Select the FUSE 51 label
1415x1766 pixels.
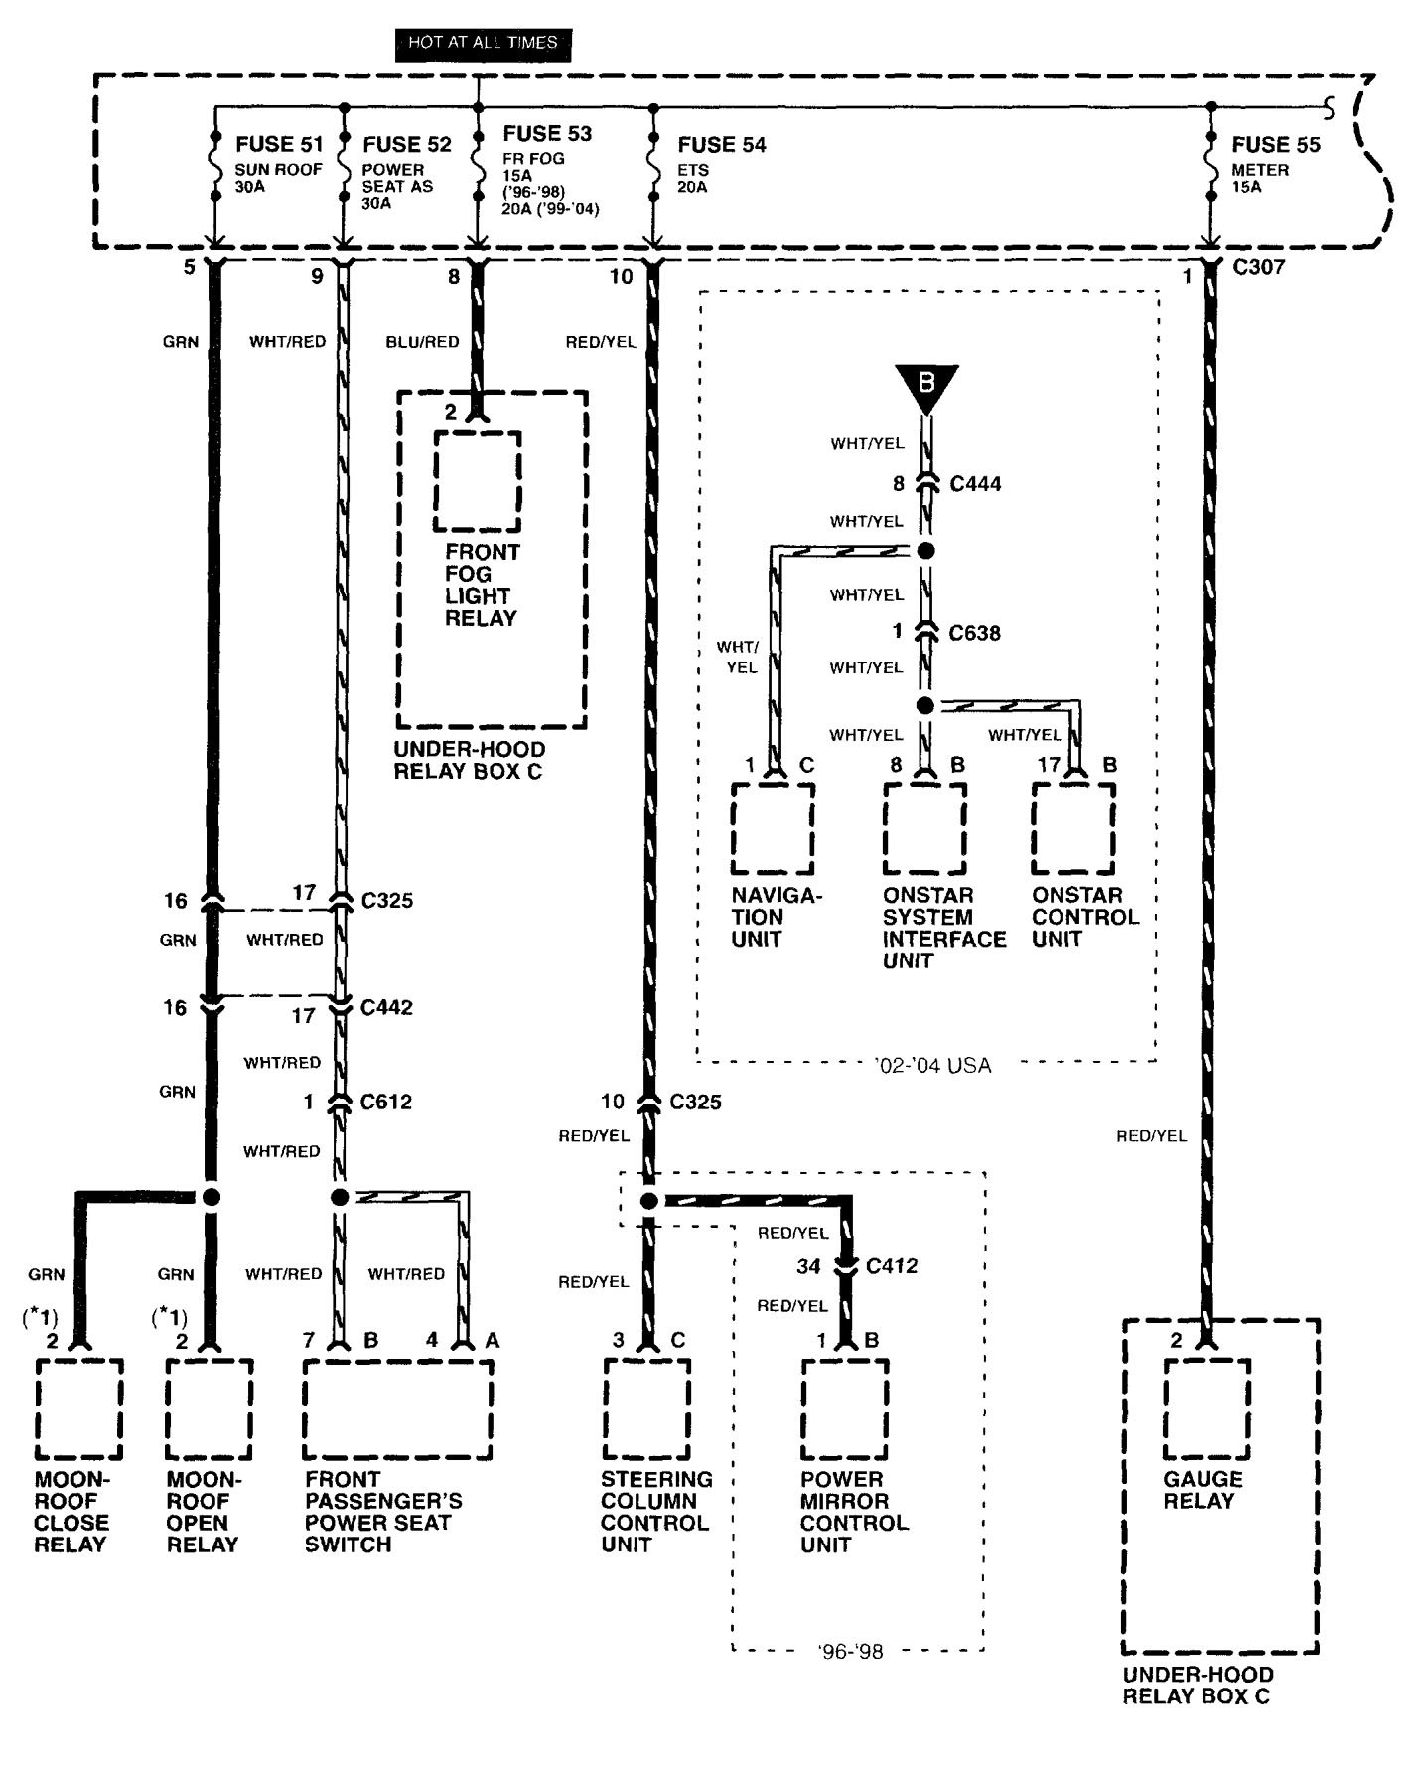(x=279, y=145)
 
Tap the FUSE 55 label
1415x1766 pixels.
(x=1276, y=145)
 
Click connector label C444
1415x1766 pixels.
(x=975, y=484)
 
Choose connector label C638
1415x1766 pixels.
(x=974, y=633)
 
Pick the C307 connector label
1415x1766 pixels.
(x=1258, y=267)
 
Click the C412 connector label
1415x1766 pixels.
(x=891, y=1266)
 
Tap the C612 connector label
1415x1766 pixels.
(x=385, y=1102)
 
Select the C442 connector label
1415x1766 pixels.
(x=386, y=1007)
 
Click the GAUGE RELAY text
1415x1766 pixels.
(x=1203, y=1490)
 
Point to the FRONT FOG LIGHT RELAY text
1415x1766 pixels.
(x=482, y=585)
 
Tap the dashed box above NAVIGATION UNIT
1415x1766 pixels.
(x=773, y=829)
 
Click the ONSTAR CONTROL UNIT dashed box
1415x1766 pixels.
(x=1072, y=829)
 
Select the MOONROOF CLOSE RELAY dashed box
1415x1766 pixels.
(x=79, y=1408)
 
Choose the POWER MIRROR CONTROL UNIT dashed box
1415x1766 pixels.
(x=845, y=1408)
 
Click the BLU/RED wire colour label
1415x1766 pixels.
(x=422, y=342)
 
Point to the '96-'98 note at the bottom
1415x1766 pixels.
(x=850, y=1651)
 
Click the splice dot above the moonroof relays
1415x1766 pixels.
(x=210, y=1197)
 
